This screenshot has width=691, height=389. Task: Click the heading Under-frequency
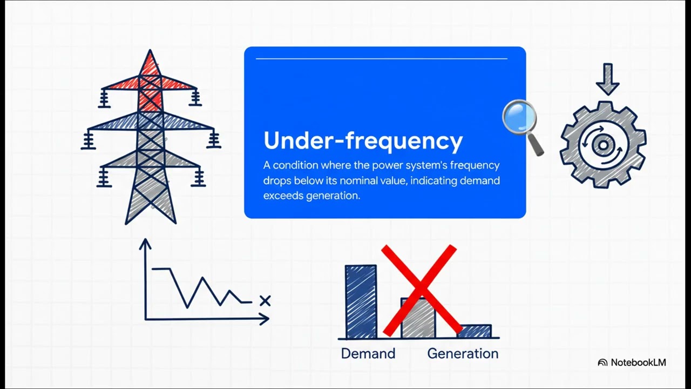(x=363, y=141)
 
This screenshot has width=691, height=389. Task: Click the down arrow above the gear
(x=607, y=79)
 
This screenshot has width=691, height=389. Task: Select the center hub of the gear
(x=602, y=145)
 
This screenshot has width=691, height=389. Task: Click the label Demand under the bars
(x=368, y=354)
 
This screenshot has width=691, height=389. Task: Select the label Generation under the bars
(x=463, y=354)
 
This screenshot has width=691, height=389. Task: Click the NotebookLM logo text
(x=638, y=363)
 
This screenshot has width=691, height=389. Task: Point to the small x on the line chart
(x=265, y=301)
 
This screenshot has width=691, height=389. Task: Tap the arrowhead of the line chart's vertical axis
(x=145, y=244)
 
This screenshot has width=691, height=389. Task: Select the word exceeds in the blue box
(x=283, y=196)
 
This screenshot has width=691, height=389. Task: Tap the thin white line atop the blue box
(x=381, y=58)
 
